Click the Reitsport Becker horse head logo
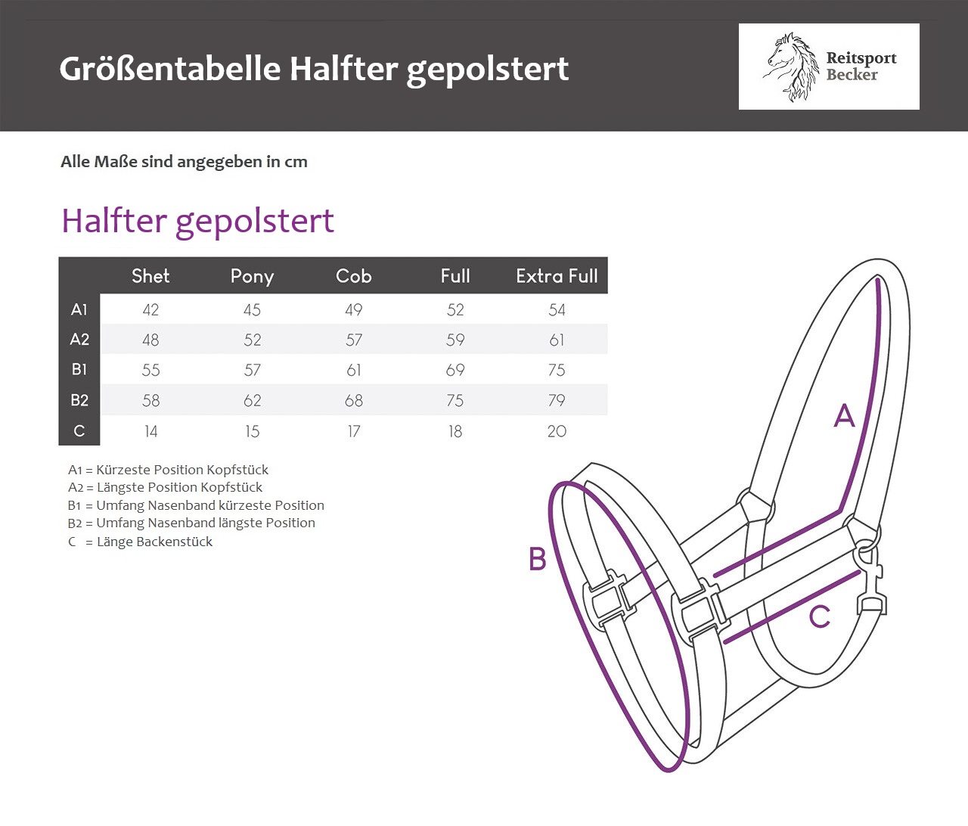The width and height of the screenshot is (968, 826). click(792, 67)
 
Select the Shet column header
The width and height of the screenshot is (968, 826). click(150, 276)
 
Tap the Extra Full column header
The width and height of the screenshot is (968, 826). click(557, 276)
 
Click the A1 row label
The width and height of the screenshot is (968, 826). click(79, 309)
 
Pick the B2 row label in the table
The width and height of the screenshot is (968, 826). click(79, 400)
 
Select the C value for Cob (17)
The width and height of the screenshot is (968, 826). click(354, 431)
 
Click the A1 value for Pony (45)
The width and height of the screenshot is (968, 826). click(252, 309)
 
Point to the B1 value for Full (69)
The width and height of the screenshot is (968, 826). click(455, 370)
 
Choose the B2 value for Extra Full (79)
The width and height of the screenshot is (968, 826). click(557, 400)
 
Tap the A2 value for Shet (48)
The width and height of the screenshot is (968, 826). click(150, 340)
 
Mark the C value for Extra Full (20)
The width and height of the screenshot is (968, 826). click(557, 431)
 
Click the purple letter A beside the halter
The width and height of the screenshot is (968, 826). click(845, 415)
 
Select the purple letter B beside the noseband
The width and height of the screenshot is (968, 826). click(538, 558)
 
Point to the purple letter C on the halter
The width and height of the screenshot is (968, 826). click(820, 616)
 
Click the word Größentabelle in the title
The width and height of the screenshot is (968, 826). click(170, 68)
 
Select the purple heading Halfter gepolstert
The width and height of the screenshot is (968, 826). click(197, 221)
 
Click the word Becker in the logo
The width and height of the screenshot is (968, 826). click(852, 74)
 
